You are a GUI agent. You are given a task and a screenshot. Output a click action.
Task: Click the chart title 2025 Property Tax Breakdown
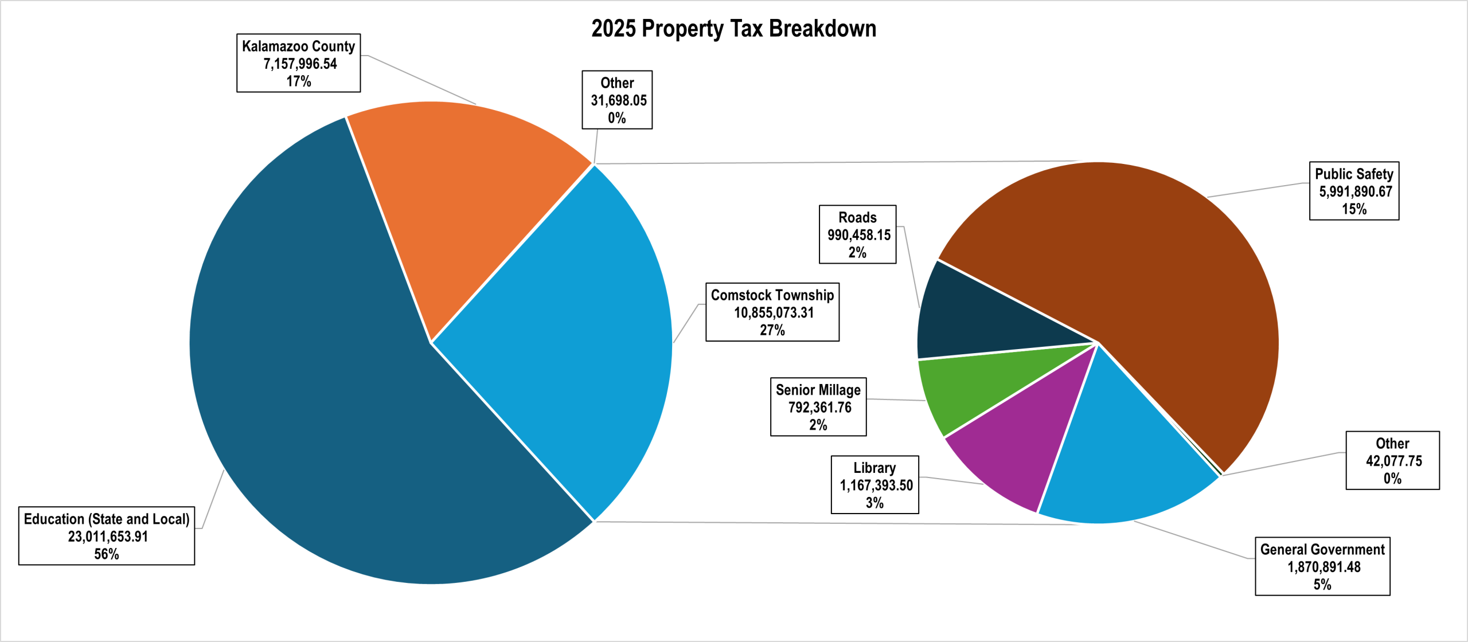(733, 29)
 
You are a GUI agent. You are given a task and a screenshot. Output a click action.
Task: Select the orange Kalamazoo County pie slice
(459, 189)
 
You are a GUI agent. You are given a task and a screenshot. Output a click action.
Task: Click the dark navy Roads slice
(986, 321)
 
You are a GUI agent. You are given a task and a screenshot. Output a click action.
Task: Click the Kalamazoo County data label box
(298, 63)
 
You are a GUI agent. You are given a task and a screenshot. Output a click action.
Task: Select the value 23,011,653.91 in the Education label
(108, 537)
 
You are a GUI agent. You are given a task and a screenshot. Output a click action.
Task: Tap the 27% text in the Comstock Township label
(772, 330)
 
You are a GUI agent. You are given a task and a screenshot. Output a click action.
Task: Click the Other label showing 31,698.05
(617, 100)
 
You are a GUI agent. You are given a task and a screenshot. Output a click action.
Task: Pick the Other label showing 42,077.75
(1392, 460)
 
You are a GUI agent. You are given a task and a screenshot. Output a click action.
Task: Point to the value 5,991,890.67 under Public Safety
(1355, 191)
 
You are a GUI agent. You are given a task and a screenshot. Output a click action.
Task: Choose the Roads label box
(857, 234)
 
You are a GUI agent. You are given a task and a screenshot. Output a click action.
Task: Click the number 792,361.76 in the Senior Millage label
(819, 408)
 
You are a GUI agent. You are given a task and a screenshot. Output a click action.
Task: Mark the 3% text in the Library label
(874, 503)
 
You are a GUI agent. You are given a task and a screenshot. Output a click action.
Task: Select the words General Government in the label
(1322, 550)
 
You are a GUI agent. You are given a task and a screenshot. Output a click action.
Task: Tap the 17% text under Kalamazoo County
(299, 81)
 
